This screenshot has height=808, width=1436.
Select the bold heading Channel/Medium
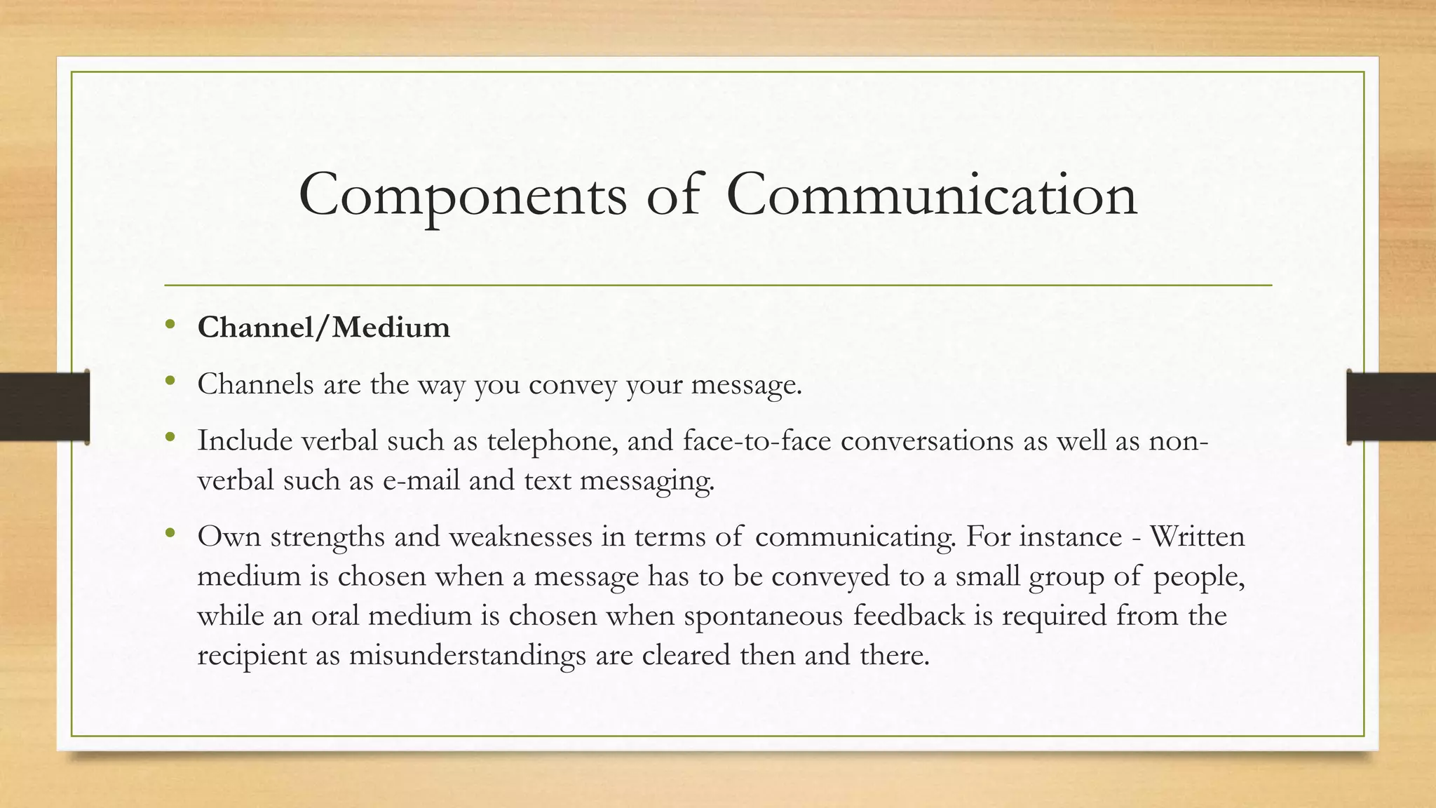pyautogui.click(x=323, y=328)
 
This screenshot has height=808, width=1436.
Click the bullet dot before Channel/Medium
pyautogui.click(x=170, y=324)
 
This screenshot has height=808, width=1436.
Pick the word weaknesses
pyautogui.click(x=520, y=537)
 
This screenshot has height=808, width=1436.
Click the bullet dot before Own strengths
pyautogui.click(x=170, y=534)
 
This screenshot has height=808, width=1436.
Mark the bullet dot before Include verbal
pyautogui.click(x=170, y=438)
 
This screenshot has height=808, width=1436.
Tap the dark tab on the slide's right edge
pyautogui.click(x=1391, y=407)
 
